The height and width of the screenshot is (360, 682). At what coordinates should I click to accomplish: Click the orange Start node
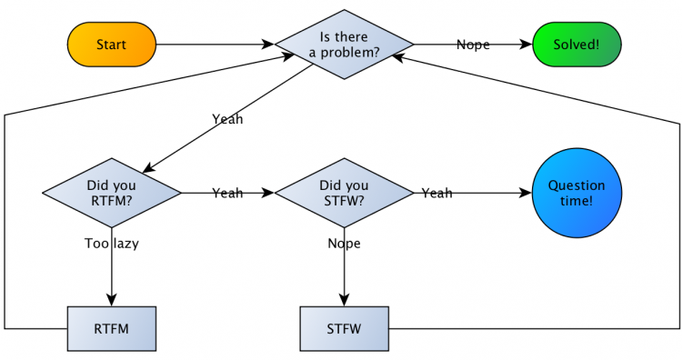(x=112, y=44)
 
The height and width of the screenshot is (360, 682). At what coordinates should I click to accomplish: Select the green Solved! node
(x=577, y=44)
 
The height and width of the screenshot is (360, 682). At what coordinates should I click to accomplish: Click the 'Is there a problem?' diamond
(x=345, y=44)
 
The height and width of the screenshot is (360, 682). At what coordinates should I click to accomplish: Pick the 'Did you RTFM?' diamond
(x=112, y=193)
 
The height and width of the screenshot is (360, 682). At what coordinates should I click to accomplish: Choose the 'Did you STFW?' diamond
(x=345, y=193)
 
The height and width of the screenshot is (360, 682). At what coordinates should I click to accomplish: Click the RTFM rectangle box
(x=112, y=327)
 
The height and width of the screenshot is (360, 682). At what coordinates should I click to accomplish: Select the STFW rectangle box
(x=345, y=327)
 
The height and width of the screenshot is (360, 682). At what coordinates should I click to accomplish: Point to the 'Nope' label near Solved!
(x=473, y=44)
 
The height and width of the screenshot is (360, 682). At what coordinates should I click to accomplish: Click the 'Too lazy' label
(x=112, y=243)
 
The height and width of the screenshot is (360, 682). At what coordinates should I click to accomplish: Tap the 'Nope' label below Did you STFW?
(x=345, y=243)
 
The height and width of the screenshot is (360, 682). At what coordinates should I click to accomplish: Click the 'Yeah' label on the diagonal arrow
(x=227, y=118)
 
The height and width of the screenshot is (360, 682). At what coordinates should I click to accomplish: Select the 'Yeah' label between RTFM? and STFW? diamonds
(x=227, y=193)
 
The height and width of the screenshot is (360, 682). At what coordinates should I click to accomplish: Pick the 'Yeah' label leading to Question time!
(x=436, y=193)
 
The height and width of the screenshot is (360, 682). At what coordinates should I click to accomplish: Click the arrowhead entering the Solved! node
(x=526, y=44)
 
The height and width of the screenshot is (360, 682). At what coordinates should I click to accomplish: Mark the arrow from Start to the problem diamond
(x=214, y=44)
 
